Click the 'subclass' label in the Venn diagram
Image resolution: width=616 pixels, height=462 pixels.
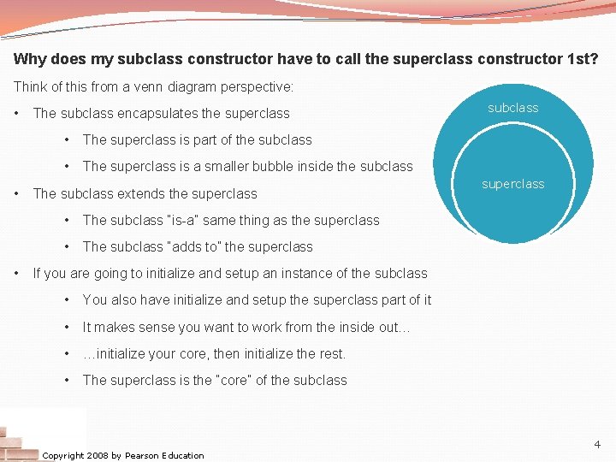tap(513, 108)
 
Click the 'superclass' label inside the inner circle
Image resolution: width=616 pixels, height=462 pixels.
tap(513, 184)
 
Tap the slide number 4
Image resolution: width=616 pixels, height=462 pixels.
tap(597, 444)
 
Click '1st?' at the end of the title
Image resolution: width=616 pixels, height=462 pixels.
tap(582, 61)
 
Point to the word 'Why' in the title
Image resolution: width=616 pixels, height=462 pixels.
tap(28, 61)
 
